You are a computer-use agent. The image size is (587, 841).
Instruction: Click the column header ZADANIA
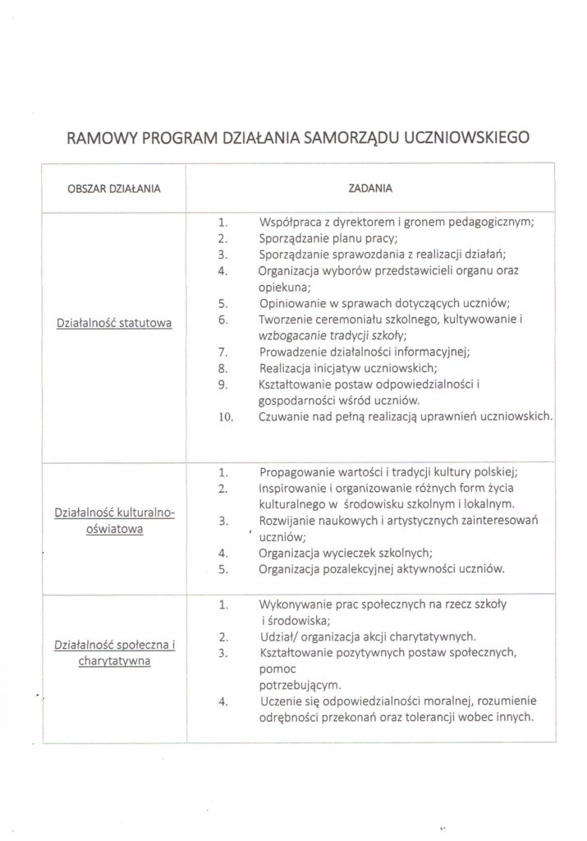(x=369, y=188)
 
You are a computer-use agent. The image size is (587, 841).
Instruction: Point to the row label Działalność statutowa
(x=113, y=324)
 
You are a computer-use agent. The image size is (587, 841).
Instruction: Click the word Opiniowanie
(x=293, y=303)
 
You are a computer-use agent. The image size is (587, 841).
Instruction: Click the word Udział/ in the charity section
(x=278, y=636)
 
